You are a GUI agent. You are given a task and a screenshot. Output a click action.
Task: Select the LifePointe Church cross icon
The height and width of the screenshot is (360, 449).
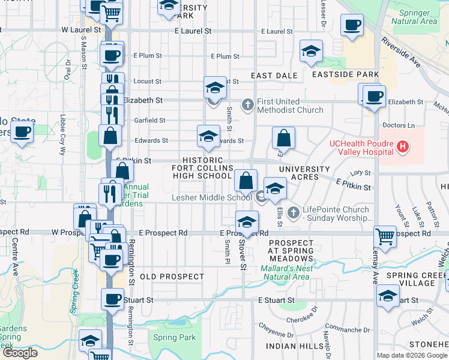[293, 212]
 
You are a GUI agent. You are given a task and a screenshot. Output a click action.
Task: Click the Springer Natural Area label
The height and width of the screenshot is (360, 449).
[414, 17]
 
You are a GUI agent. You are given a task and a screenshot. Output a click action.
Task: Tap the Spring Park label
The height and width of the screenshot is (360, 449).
[174, 338]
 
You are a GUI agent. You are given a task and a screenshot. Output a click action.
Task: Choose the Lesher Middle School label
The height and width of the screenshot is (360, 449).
[211, 197]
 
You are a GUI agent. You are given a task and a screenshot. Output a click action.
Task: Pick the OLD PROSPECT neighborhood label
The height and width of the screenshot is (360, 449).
[172, 277]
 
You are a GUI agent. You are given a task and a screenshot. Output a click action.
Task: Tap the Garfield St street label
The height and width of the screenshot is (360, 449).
[149, 120]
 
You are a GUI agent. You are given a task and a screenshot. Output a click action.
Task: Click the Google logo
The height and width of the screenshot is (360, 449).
[20, 353]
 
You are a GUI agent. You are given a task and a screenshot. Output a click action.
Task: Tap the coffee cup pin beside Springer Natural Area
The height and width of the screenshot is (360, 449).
[352, 26]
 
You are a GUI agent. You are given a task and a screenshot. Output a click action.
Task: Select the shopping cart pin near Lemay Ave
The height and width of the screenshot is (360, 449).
[384, 236]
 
